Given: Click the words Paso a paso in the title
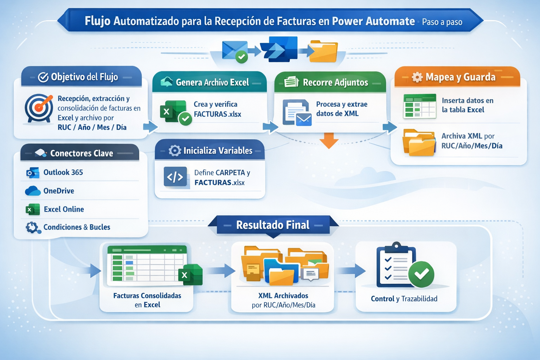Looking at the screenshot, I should click(x=442, y=22).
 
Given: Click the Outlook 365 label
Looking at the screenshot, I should click(x=63, y=172).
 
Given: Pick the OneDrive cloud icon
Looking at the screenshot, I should click(x=33, y=191).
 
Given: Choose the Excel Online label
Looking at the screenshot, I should click(x=64, y=209).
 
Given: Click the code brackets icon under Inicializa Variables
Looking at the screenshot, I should click(x=175, y=177).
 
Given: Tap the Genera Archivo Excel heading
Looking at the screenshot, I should click(x=212, y=82).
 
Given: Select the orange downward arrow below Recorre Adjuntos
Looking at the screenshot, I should click(x=329, y=140).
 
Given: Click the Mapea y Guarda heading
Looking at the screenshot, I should click(x=460, y=77).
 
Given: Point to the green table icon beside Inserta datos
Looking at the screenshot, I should click(x=419, y=106).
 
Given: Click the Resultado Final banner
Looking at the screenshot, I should click(x=273, y=225).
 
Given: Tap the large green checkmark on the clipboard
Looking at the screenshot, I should click(x=421, y=274).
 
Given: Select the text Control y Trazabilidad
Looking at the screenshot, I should click(x=404, y=299).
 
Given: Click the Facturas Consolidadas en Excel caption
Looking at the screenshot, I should click(x=147, y=300).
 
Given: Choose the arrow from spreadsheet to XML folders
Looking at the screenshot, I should click(x=221, y=271).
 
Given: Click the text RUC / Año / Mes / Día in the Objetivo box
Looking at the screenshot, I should click(x=92, y=127).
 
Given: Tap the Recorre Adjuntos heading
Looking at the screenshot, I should click(x=335, y=82).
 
